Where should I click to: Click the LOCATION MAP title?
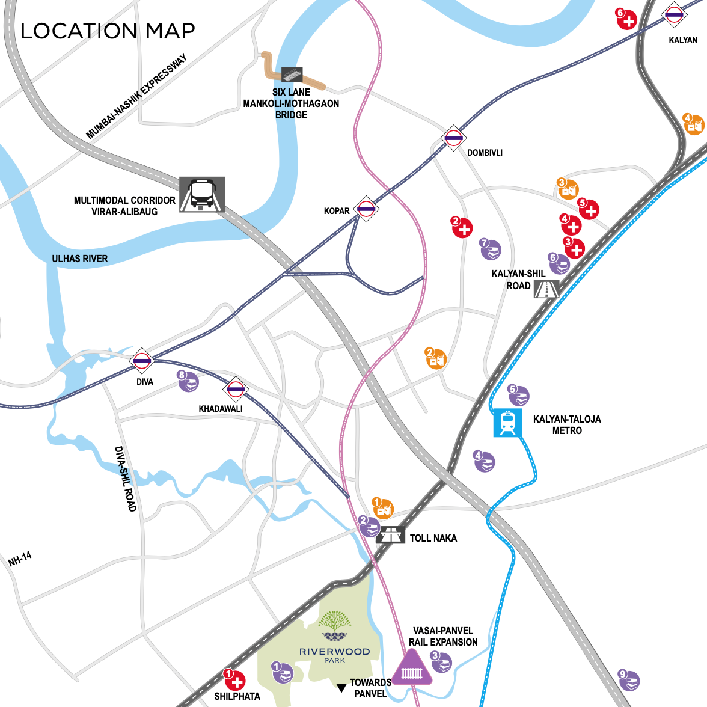108,31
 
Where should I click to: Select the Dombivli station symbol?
453,138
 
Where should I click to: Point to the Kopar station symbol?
366,209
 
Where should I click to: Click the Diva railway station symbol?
142,361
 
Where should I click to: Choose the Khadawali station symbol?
235,390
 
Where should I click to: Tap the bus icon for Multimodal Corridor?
202,194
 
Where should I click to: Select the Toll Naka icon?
391,534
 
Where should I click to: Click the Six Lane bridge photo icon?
292,75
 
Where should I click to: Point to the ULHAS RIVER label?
80,259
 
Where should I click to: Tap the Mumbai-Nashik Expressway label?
136,96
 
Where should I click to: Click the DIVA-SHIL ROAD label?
126,479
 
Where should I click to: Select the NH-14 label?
20,559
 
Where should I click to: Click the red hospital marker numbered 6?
626,20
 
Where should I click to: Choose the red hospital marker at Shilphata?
236,680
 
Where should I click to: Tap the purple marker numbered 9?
629,681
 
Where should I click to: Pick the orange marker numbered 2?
436,358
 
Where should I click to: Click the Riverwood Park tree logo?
335,626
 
